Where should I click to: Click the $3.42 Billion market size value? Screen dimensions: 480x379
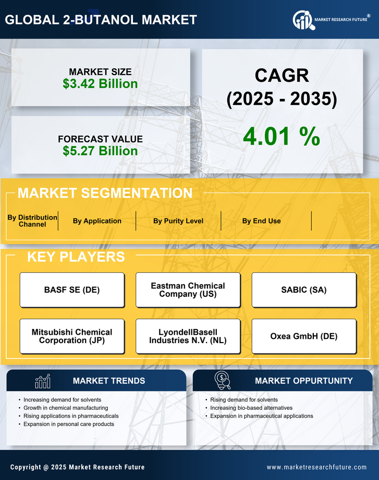[x=100, y=84]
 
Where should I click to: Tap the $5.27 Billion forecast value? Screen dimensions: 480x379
[x=100, y=151]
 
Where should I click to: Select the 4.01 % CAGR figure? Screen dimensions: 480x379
[x=282, y=136]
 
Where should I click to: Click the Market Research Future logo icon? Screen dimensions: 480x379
[x=302, y=20]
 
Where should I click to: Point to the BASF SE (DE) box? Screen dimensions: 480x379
[x=72, y=290]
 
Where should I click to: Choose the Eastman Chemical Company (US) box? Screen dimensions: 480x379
[x=188, y=290]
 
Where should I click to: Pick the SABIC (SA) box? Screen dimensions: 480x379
[x=304, y=290]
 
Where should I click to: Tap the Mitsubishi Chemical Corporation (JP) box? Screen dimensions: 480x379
[x=72, y=336]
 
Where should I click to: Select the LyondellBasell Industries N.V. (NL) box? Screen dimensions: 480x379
[x=188, y=336]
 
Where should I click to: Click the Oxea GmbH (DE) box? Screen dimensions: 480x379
[x=304, y=336]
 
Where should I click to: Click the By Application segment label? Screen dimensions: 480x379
[x=97, y=221]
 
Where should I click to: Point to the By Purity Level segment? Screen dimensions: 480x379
[x=178, y=221]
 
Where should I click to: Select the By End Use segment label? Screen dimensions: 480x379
[x=261, y=221]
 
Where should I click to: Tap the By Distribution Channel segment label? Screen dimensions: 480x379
[x=32, y=221]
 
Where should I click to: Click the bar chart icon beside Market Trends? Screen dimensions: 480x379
[x=43, y=381]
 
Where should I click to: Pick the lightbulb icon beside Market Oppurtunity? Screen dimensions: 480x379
[x=222, y=381]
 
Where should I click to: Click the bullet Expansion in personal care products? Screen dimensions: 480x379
[x=69, y=424]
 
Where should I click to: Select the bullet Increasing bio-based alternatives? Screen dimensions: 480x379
[x=251, y=408]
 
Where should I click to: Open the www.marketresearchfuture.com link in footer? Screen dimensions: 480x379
[x=316, y=467]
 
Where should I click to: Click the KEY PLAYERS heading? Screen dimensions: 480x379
[x=76, y=257]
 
